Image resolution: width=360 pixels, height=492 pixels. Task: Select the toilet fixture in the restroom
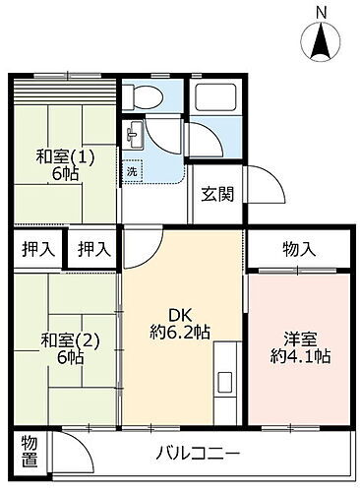tap(139, 98)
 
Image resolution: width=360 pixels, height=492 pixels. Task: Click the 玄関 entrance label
tap(217, 194)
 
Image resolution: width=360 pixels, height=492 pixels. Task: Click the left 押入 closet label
tap(37, 250)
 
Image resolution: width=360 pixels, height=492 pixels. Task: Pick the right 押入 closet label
tap(92, 250)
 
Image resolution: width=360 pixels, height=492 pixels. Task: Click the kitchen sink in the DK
tap(224, 380)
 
